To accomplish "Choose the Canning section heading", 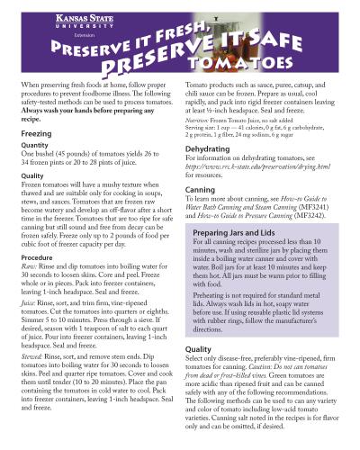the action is (200, 191).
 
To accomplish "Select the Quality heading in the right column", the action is (198, 350).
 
